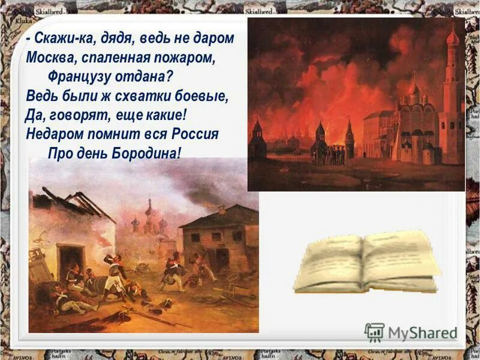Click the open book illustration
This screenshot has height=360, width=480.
(x=366, y=262)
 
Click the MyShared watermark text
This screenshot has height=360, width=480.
(x=422, y=332)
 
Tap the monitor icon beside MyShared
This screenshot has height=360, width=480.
(x=374, y=332)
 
